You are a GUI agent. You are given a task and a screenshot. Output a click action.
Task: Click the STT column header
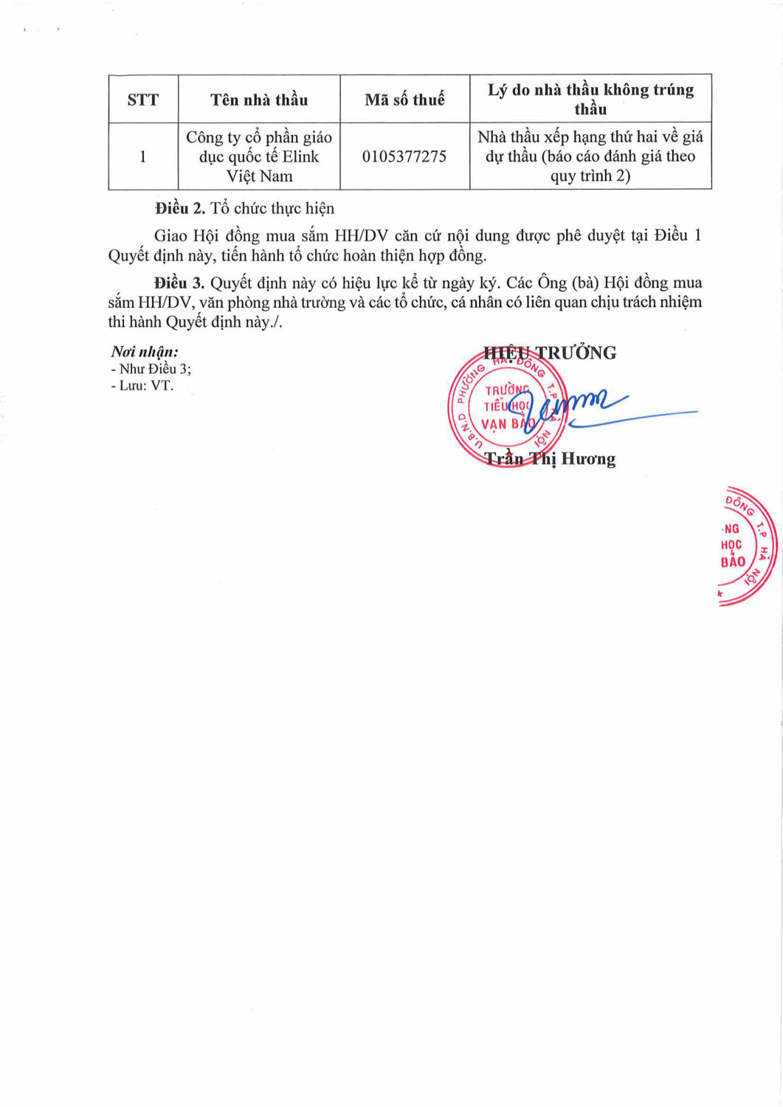click(x=142, y=100)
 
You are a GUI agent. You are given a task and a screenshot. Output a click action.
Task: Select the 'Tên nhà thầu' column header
click(x=259, y=100)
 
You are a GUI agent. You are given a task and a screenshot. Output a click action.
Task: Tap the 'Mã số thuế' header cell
click(x=404, y=100)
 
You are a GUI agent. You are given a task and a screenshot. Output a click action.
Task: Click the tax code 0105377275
click(x=404, y=156)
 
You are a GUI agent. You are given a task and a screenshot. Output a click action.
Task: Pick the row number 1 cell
click(x=142, y=156)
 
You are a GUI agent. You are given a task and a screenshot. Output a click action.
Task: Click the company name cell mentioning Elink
click(x=259, y=156)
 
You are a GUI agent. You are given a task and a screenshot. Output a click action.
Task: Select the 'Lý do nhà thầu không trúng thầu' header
click(x=590, y=99)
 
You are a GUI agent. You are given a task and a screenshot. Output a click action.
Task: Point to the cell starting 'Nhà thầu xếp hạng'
click(x=590, y=156)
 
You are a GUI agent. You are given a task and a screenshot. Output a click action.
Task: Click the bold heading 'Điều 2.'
click(x=180, y=209)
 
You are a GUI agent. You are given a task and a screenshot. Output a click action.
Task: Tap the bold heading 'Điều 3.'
click(x=179, y=283)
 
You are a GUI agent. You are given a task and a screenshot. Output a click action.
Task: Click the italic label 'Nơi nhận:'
click(x=145, y=352)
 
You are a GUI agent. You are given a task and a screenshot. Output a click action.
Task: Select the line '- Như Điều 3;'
click(x=151, y=369)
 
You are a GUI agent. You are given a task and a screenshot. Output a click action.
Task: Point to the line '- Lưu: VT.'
click(x=142, y=385)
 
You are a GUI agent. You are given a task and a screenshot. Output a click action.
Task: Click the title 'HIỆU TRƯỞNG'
click(x=550, y=353)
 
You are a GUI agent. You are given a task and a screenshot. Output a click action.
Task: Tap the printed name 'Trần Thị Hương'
click(x=550, y=459)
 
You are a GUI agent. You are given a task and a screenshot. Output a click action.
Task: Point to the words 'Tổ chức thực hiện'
click(x=272, y=209)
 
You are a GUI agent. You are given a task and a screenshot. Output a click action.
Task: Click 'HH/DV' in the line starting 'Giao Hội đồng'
click(x=361, y=236)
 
